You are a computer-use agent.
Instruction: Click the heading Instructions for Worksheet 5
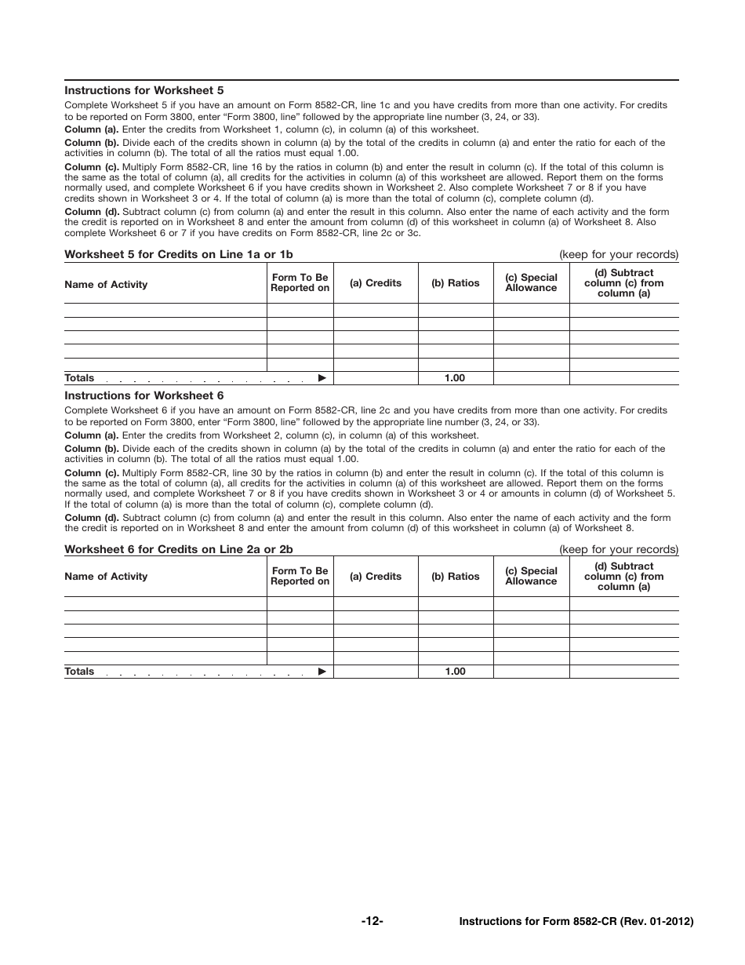click(144, 90)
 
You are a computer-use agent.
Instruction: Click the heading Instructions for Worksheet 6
click(144, 396)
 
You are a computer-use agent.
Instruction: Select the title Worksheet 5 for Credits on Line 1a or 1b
click(179, 254)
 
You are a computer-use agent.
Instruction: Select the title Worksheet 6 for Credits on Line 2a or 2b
click(179, 549)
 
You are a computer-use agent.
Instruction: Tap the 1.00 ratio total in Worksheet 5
click(455, 378)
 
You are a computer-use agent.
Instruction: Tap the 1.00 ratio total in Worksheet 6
click(455, 672)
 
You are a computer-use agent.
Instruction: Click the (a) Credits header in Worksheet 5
click(376, 283)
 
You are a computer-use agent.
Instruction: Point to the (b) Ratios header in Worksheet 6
click(455, 577)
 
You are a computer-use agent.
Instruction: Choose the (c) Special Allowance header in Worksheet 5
click(531, 283)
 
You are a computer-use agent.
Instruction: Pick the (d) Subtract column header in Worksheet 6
click(623, 577)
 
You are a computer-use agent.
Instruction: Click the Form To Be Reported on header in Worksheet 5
click(300, 283)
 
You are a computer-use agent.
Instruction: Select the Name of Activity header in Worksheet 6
click(106, 577)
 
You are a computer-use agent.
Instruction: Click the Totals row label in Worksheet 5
click(79, 378)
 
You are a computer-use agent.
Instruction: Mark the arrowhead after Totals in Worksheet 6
click(322, 672)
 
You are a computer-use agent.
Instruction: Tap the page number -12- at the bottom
click(372, 921)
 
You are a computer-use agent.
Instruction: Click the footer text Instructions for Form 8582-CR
click(576, 922)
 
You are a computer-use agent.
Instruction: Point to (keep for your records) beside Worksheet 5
click(618, 254)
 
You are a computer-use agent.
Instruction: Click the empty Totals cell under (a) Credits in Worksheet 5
click(376, 378)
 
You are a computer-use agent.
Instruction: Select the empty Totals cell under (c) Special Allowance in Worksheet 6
click(531, 672)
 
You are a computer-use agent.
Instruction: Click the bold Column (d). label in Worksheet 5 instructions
click(92, 212)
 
